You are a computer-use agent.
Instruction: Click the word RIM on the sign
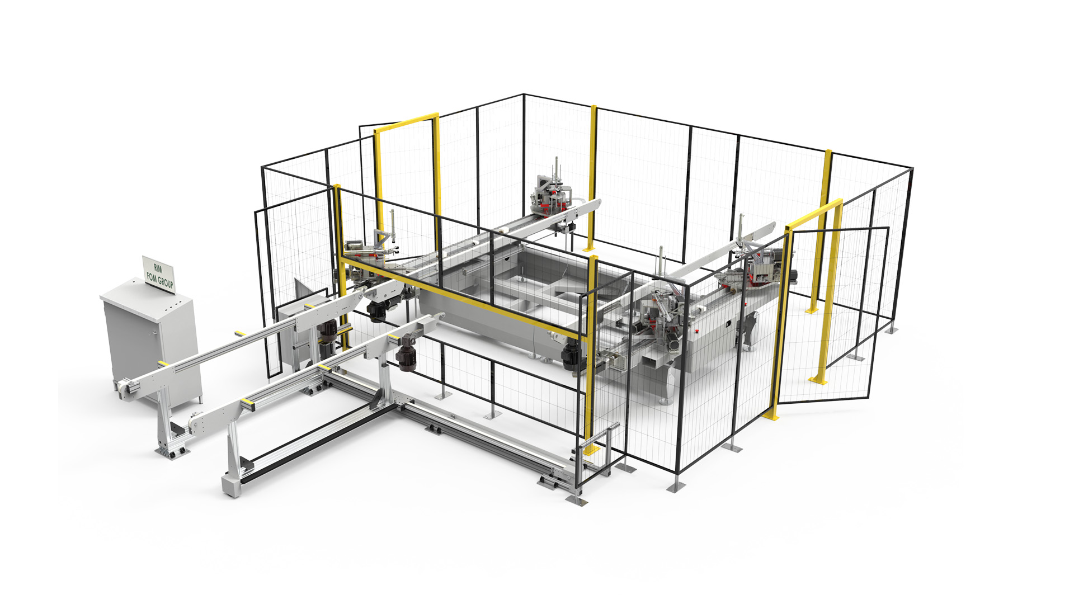pos(158,268)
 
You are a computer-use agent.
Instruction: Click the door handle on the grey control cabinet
pos(155,335)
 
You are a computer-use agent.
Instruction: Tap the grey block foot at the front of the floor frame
pos(231,485)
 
